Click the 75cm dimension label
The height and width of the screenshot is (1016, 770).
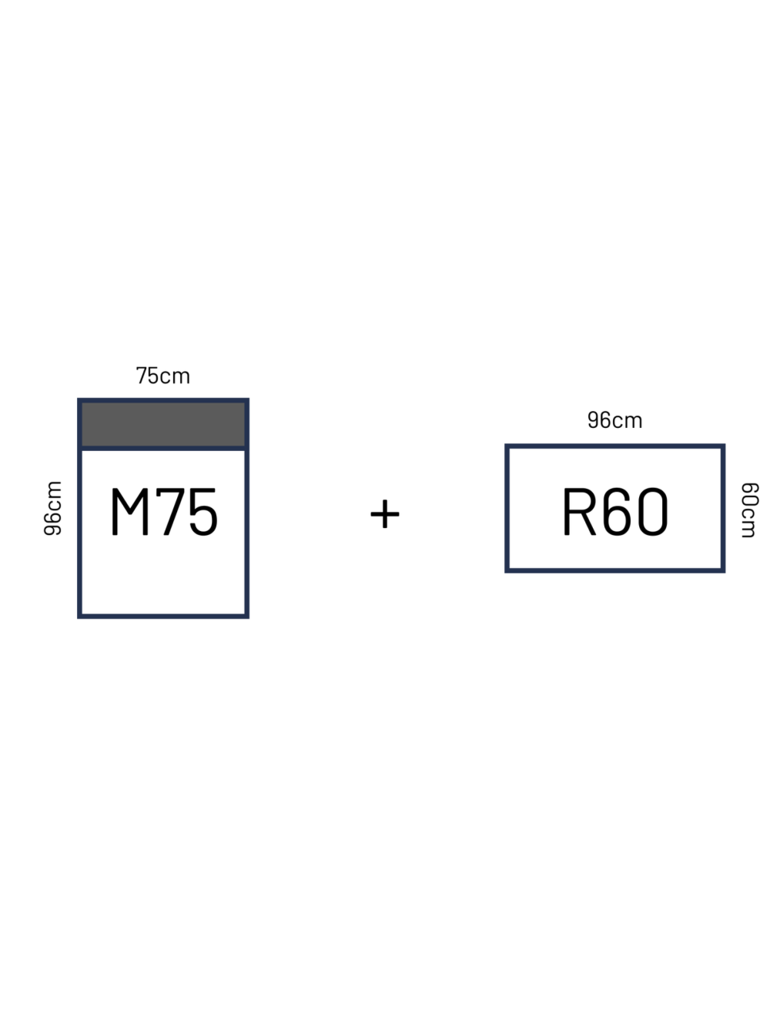[163, 376]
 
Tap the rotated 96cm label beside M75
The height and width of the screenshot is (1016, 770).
[52, 508]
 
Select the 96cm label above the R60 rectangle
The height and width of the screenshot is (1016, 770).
[615, 419]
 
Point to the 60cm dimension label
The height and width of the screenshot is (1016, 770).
[749, 510]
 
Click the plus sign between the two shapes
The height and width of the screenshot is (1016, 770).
[384, 514]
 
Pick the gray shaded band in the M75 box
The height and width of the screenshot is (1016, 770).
[163, 424]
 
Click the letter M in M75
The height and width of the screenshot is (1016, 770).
[130, 512]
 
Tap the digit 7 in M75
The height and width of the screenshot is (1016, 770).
[170, 512]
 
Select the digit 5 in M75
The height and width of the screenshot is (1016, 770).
[203, 512]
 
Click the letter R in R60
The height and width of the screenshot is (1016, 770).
[579, 512]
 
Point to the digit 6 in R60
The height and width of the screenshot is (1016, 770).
[616, 512]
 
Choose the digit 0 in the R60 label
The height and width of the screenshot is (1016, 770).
[653, 512]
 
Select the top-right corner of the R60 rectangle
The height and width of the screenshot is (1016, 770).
[723, 446]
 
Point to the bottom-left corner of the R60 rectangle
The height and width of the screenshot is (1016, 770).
[507, 570]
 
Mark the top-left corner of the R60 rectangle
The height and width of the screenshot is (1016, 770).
[507, 446]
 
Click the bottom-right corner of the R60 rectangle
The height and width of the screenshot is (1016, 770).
[723, 570]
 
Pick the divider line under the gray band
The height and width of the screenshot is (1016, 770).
[163, 448]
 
